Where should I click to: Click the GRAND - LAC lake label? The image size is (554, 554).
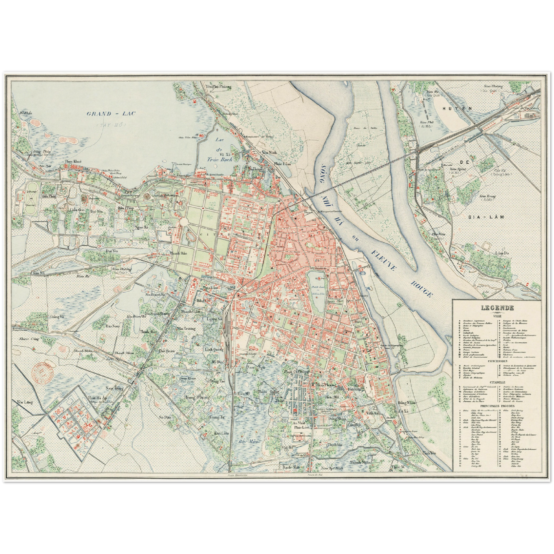112,113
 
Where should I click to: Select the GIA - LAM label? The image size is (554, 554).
480,217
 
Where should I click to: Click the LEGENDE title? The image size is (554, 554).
498,307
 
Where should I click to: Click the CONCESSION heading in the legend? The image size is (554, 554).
498,361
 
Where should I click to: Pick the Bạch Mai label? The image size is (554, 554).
290,468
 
